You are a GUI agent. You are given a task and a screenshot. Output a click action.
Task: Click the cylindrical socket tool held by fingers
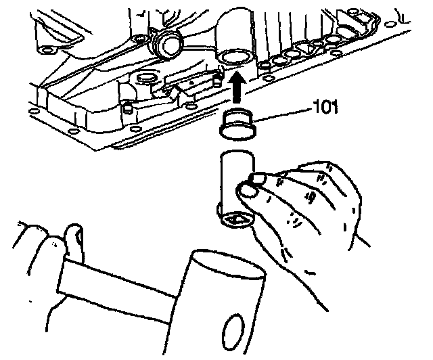click(234, 186)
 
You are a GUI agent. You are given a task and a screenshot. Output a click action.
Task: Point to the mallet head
click(223, 298)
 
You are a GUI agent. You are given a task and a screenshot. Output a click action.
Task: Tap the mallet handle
click(115, 284)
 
